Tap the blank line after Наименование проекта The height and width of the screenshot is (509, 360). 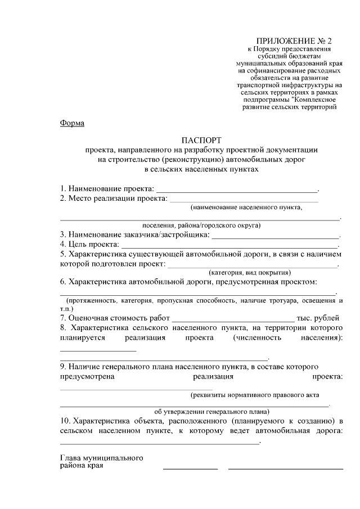(237, 191)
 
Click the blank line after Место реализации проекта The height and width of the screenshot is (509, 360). (244, 200)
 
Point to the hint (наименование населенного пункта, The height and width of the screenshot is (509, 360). (246, 207)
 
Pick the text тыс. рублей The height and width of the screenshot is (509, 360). (318, 318)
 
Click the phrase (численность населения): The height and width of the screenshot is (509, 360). (287, 338)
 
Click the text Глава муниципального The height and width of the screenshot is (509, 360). (101, 458)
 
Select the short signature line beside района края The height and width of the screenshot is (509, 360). (190, 468)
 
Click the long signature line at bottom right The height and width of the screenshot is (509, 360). (285, 468)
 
